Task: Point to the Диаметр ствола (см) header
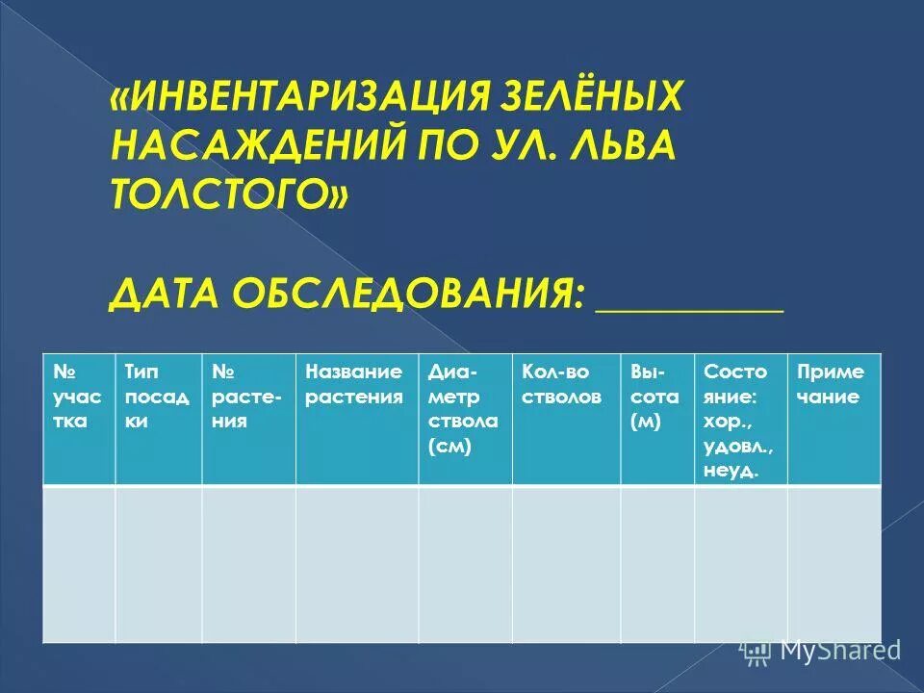click(x=464, y=409)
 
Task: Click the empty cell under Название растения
click(x=356, y=563)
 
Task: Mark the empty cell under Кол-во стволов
click(x=565, y=563)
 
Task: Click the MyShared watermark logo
click(x=823, y=651)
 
